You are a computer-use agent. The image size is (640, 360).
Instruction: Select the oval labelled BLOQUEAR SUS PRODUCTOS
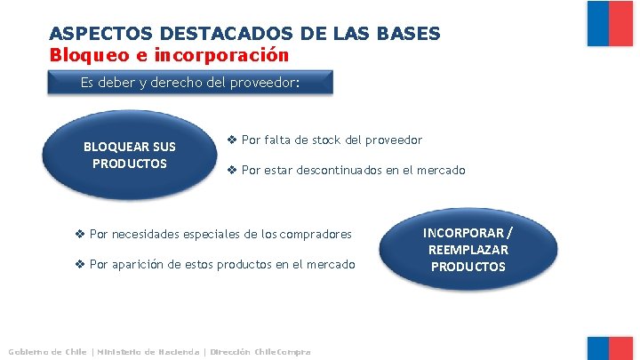click(x=129, y=155)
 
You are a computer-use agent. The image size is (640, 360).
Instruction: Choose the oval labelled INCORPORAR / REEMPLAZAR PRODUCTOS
click(x=467, y=248)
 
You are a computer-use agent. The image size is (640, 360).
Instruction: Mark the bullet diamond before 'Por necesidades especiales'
click(x=79, y=234)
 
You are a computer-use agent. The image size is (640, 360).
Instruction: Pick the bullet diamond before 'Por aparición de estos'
click(x=79, y=264)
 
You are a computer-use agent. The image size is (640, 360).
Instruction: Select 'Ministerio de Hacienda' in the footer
click(x=148, y=352)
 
